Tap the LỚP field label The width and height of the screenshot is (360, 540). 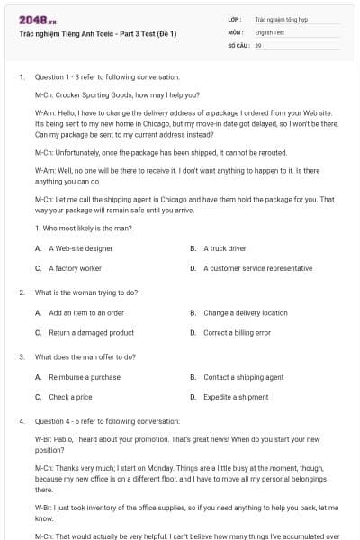pyautogui.click(x=235, y=18)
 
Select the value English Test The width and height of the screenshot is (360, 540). pyautogui.click(x=269, y=31)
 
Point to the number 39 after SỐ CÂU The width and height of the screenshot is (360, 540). pyautogui.click(x=258, y=44)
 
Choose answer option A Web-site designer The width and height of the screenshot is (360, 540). pyautogui.click(x=80, y=247)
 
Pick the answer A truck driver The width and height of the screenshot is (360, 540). pyautogui.click(x=224, y=247)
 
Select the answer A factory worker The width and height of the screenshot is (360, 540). pyautogui.click(x=75, y=268)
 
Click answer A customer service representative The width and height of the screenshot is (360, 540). pyautogui.click(x=257, y=268)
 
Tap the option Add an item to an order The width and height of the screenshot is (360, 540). pyautogui.click(x=85, y=313)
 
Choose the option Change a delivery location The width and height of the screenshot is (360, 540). pyautogui.click(x=245, y=313)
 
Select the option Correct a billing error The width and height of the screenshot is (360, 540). pyautogui.click(x=237, y=333)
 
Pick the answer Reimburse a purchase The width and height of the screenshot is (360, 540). pyautogui.click(x=84, y=377)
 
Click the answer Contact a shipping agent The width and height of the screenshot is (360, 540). pyautogui.click(x=243, y=377)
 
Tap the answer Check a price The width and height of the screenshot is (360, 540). pyautogui.click(x=70, y=397)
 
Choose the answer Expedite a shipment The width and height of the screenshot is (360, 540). pyautogui.click(x=236, y=397)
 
